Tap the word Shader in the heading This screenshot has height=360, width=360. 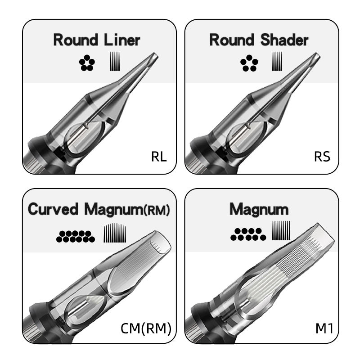tap(284, 40)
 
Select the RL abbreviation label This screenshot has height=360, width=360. tap(159, 157)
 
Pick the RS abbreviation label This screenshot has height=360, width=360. tap(322, 157)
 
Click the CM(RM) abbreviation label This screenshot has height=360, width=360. tap(146, 328)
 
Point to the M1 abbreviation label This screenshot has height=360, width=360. tap(324, 328)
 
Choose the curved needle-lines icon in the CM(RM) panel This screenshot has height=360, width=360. tap(115, 232)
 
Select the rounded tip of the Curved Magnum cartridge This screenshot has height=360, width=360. tap(161, 243)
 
